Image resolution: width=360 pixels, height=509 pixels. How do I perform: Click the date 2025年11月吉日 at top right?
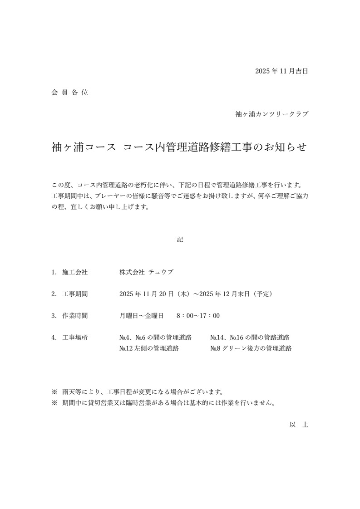(281, 71)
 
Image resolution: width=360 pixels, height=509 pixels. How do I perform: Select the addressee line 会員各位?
(69, 93)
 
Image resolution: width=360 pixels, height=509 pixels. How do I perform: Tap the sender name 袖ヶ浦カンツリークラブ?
(271, 114)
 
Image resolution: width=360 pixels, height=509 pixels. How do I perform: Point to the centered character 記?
(180, 239)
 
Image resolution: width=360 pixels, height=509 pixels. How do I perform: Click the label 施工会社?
(75, 272)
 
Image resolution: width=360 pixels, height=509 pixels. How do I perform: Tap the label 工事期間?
(75, 294)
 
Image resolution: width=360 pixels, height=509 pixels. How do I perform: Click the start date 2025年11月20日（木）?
(155, 294)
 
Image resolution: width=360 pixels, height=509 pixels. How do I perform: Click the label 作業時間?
(75, 316)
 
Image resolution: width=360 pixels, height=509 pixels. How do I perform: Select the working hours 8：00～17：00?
(198, 316)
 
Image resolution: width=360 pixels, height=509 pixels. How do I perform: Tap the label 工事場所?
(75, 338)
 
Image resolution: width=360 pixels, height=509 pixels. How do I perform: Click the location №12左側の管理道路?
(149, 348)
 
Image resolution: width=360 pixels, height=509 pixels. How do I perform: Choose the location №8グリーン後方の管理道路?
(251, 348)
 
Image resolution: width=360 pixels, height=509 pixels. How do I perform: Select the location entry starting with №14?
(250, 338)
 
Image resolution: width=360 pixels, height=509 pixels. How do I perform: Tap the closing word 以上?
(299, 425)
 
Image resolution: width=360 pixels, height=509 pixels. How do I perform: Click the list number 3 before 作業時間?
(54, 316)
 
